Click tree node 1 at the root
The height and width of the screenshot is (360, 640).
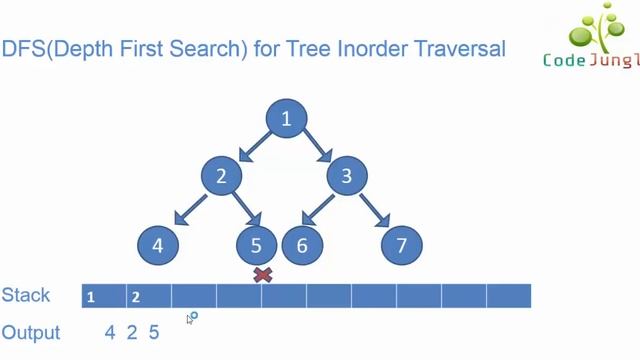[x=287, y=120]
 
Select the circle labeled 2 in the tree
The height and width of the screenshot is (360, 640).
[x=222, y=177]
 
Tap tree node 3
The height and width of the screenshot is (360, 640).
[x=347, y=177]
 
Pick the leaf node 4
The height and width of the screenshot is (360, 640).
[x=158, y=245]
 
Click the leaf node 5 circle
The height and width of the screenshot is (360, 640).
[x=256, y=245]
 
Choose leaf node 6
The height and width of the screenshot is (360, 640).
[x=302, y=245]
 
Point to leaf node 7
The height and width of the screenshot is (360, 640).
[x=402, y=245]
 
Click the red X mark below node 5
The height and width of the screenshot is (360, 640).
[x=263, y=274]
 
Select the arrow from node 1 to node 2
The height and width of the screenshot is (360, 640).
[x=251, y=147]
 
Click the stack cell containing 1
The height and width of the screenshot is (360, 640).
[x=104, y=296]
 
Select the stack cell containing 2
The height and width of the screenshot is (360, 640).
[x=149, y=296]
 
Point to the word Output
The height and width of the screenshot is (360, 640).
[x=31, y=333]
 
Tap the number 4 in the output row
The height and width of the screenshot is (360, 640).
[x=111, y=333]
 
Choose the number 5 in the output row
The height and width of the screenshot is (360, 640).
[x=153, y=333]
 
